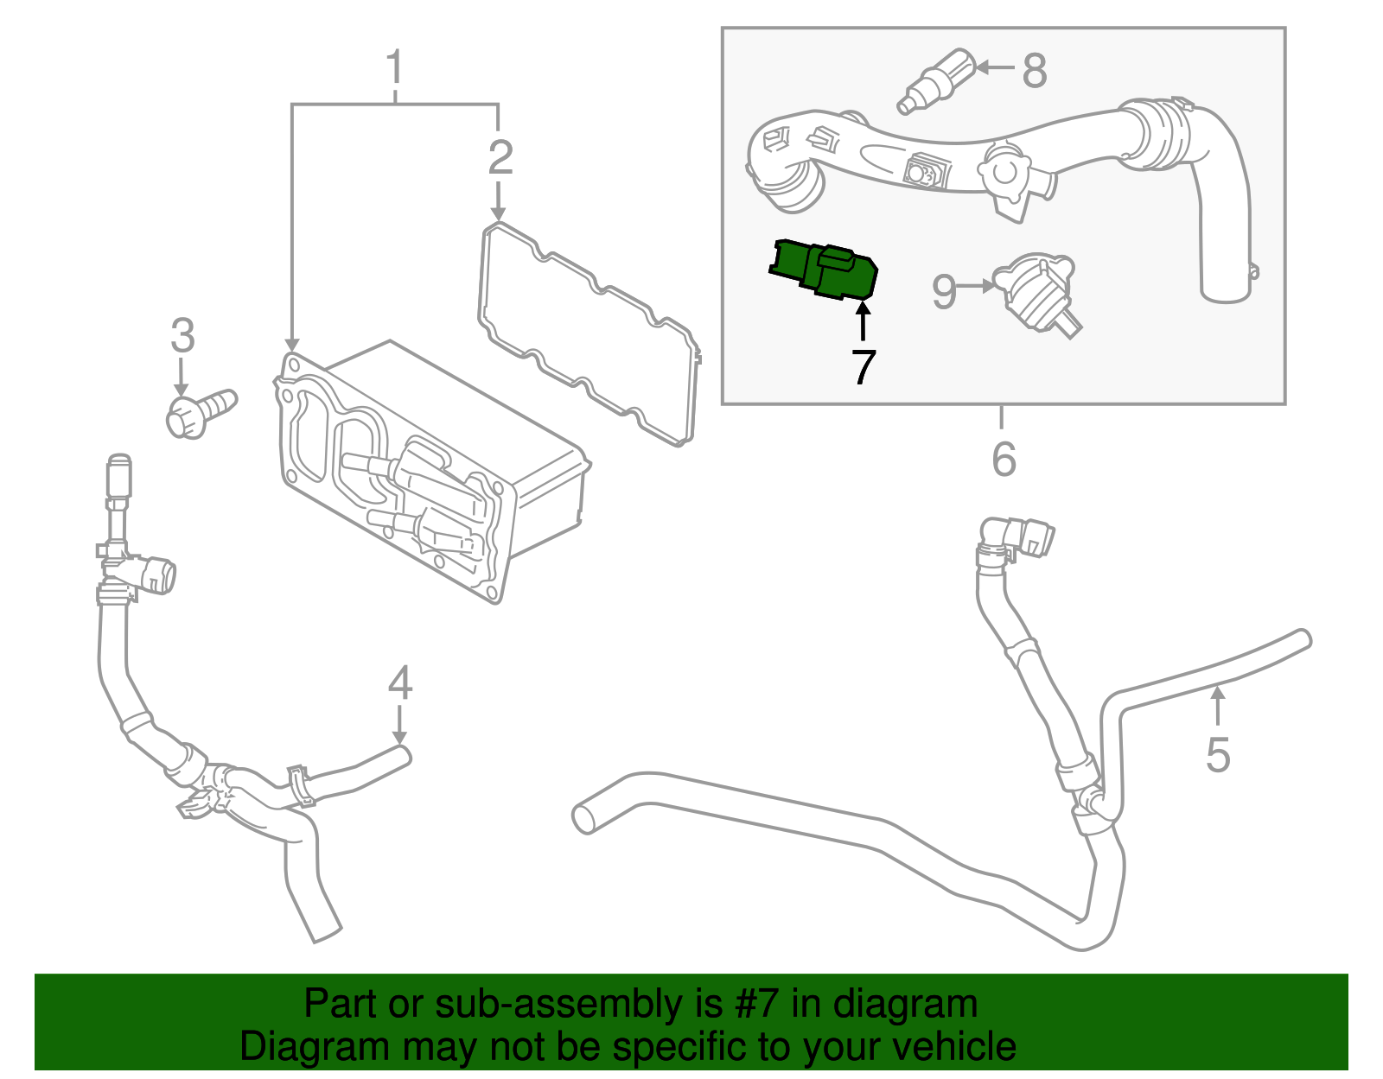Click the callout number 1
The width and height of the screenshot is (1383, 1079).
pos(394,67)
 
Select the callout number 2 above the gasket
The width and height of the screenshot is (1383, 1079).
pos(500,158)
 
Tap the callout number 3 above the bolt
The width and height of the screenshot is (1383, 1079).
pos(182,336)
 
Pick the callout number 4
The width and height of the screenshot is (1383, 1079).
pos(398,683)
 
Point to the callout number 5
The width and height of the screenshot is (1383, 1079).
pos(1217,755)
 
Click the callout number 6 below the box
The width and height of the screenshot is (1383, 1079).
pos(1003,459)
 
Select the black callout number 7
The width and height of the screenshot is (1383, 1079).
pos(863,368)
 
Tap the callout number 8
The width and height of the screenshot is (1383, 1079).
pos(1034,71)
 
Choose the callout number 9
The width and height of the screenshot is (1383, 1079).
pos(944,292)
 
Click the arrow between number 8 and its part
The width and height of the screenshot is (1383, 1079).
pos(994,67)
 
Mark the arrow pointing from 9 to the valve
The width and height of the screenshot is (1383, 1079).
pos(978,285)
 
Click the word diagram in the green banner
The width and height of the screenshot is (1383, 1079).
pos(905,1005)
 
